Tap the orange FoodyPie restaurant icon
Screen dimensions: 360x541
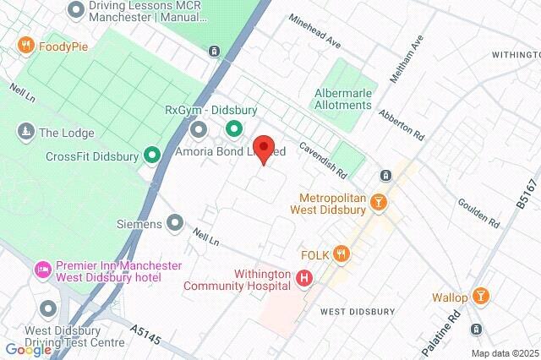tap(26, 46)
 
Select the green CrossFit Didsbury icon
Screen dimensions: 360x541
tap(152, 155)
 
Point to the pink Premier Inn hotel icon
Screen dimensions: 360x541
tap(41, 270)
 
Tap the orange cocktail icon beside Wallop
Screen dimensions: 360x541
tap(481, 296)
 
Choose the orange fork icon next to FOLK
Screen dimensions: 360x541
tap(342, 253)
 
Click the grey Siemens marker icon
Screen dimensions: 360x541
tap(175, 223)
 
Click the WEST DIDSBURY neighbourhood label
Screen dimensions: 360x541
tap(358, 311)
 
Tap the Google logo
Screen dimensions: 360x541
tap(28, 349)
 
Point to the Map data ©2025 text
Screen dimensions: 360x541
tap(504, 353)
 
